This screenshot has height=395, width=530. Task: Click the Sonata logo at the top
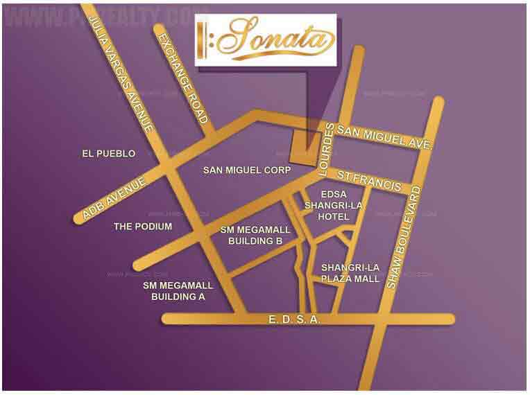pos(266,40)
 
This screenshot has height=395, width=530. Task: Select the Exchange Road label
pos(182,78)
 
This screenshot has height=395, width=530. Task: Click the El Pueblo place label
pos(108,153)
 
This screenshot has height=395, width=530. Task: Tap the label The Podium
pos(143,227)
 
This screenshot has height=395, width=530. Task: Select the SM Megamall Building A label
pos(178,290)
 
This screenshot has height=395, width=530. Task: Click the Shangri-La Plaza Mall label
pos(350,273)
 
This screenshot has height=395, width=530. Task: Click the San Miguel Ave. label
pos(384,137)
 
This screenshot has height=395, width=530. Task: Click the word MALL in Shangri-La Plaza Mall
pos(368,279)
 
